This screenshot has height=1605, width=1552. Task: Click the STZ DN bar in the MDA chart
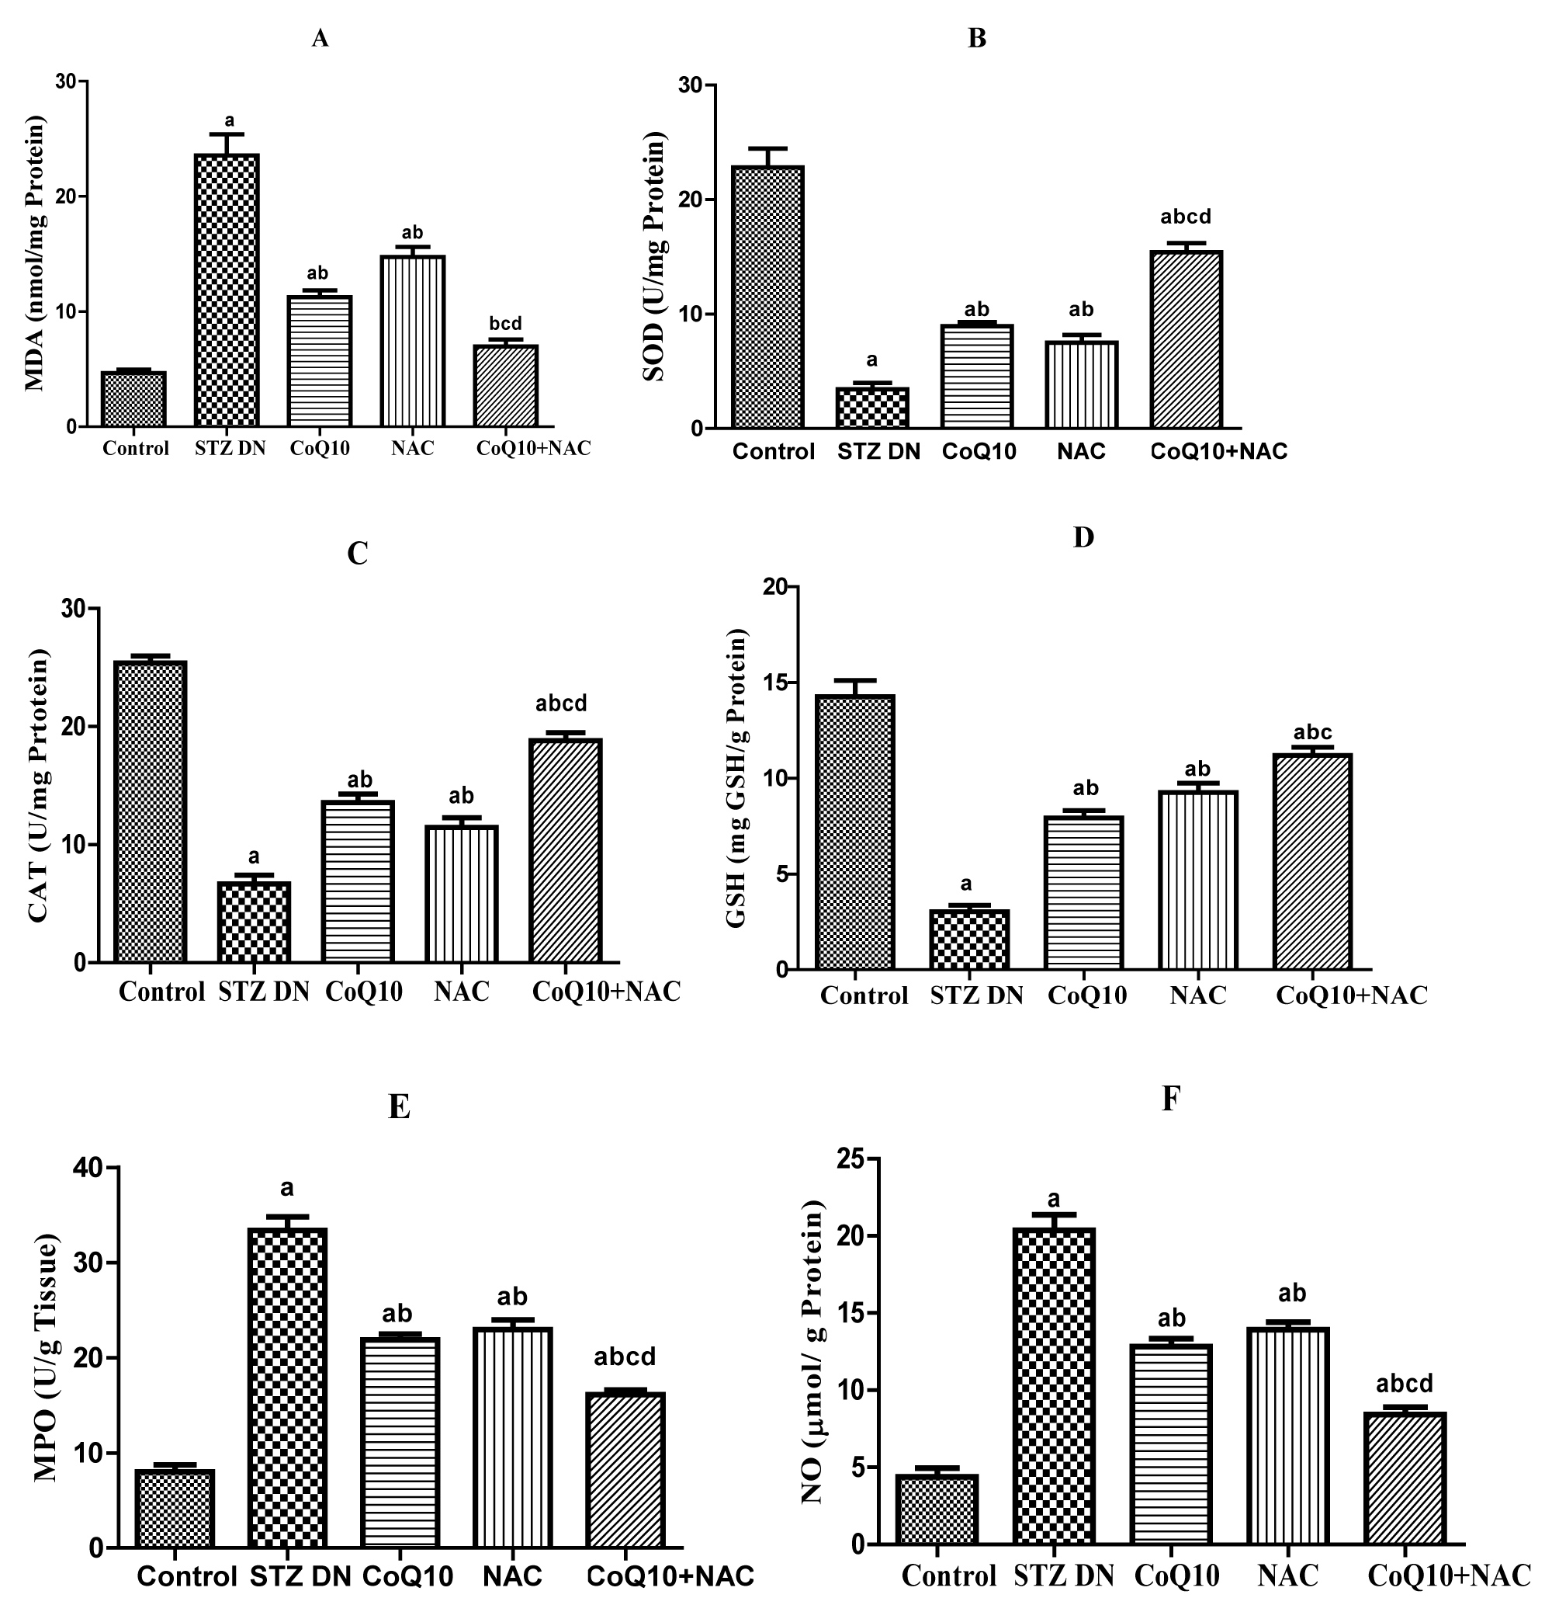point(227,290)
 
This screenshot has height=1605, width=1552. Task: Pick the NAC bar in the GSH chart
point(1197,881)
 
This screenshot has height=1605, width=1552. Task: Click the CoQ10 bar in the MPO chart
point(400,1442)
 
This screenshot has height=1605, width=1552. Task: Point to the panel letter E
point(399,1106)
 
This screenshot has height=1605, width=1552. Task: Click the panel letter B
point(976,39)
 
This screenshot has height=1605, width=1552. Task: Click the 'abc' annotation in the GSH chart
point(1312,732)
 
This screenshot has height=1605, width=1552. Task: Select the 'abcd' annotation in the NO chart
point(1405,1383)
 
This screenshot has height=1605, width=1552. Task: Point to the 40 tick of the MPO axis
point(86,1168)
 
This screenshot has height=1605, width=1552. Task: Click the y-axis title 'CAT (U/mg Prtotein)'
point(40,785)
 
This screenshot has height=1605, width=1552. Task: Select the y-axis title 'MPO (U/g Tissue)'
point(46,1359)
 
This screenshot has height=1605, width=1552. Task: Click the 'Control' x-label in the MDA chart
point(136,449)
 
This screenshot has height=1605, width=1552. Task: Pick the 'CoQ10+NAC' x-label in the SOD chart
point(1219,451)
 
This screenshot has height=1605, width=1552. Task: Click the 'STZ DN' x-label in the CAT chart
point(264,992)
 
